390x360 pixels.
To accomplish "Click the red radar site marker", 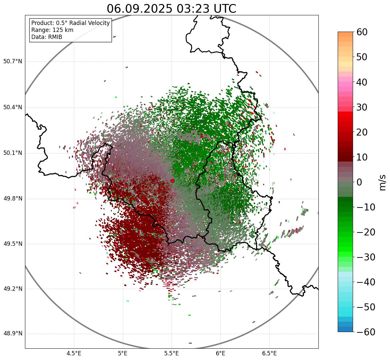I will point(172,181).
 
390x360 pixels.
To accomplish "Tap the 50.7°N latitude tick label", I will point(12,62).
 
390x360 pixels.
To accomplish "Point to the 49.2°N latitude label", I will point(12,289).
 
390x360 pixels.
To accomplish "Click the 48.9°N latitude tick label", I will point(12,334).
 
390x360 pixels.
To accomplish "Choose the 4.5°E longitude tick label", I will point(74,353).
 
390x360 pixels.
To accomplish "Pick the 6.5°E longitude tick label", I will point(269,353).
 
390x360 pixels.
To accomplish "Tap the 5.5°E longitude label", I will point(172,353).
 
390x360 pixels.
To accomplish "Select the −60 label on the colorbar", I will point(366,332).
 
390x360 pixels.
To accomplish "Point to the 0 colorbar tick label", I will point(359,182).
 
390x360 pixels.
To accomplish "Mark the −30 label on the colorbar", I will point(366,257).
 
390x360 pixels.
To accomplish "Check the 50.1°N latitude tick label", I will point(12,153).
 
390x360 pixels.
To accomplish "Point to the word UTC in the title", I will point(225,9).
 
